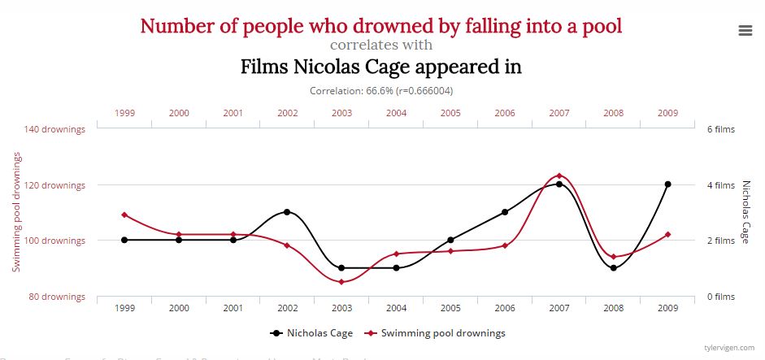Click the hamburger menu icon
click(x=745, y=30)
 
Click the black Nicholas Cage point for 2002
click(x=287, y=212)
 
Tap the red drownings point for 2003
click(x=341, y=282)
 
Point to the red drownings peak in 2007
click(x=559, y=176)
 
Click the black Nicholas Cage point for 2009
click(x=667, y=184)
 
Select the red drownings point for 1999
click(x=124, y=215)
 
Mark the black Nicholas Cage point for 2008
click(x=614, y=268)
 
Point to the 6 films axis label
click(x=719, y=129)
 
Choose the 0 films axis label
click(x=719, y=297)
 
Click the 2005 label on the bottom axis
click(x=450, y=309)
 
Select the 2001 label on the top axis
click(x=233, y=113)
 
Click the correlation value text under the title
click(x=381, y=91)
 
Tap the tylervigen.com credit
click(x=729, y=346)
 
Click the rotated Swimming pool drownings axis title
click(x=16, y=211)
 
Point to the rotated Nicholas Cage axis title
click(x=745, y=211)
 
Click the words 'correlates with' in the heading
click(x=381, y=46)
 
